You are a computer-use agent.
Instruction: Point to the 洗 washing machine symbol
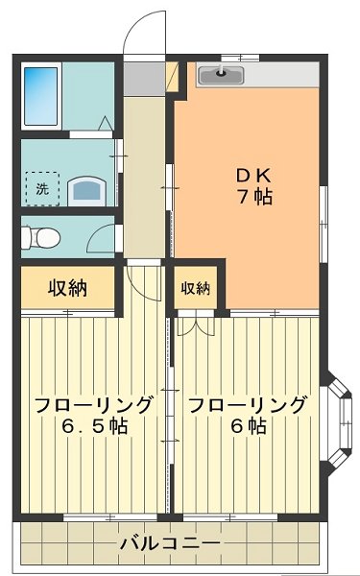40,189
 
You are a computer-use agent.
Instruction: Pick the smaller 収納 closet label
195,288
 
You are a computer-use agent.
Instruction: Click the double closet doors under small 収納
197,324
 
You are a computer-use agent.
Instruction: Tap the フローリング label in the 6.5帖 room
92,404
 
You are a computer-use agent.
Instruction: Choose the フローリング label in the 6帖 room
247,404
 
